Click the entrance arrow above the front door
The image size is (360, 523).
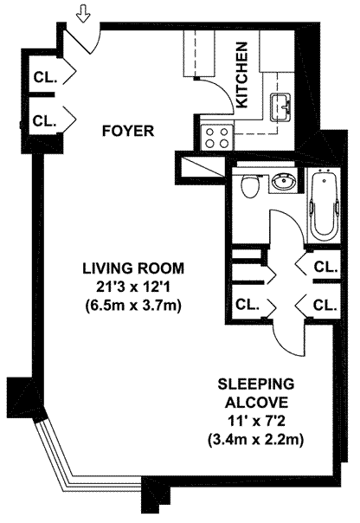pyautogui.click(x=83, y=16)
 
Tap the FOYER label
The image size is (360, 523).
pyautogui.click(x=128, y=131)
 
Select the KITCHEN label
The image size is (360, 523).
pyautogui.click(x=241, y=74)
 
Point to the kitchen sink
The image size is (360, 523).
pyautogui.click(x=280, y=107)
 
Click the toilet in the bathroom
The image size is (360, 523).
pyautogui.click(x=250, y=186)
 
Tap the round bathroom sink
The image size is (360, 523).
pyautogui.click(x=283, y=182)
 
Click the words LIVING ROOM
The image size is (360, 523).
pyautogui.click(x=133, y=268)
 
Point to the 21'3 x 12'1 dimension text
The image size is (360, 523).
pyautogui.click(x=133, y=287)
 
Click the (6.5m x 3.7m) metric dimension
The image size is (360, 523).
pyautogui.click(x=133, y=305)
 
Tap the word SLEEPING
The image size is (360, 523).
pyautogui.click(x=256, y=384)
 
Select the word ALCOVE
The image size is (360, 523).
pyautogui.click(x=256, y=403)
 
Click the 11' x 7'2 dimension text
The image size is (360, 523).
pyautogui.click(x=256, y=422)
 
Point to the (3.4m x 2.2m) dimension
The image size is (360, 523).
pyautogui.click(x=256, y=440)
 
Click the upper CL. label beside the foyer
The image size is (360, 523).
pyautogui.click(x=45, y=78)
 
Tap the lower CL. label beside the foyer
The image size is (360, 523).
pyautogui.click(x=45, y=120)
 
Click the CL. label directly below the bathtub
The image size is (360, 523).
pyautogui.click(x=325, y=268)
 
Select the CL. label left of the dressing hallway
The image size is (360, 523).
pyautogui.click(x=247, y=305)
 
